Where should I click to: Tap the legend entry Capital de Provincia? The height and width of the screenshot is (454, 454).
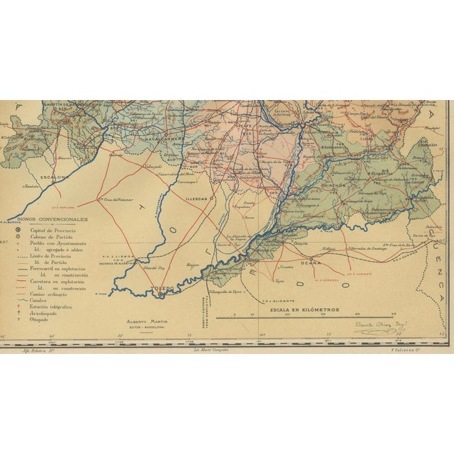53,231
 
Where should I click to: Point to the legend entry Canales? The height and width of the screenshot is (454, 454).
40,301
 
